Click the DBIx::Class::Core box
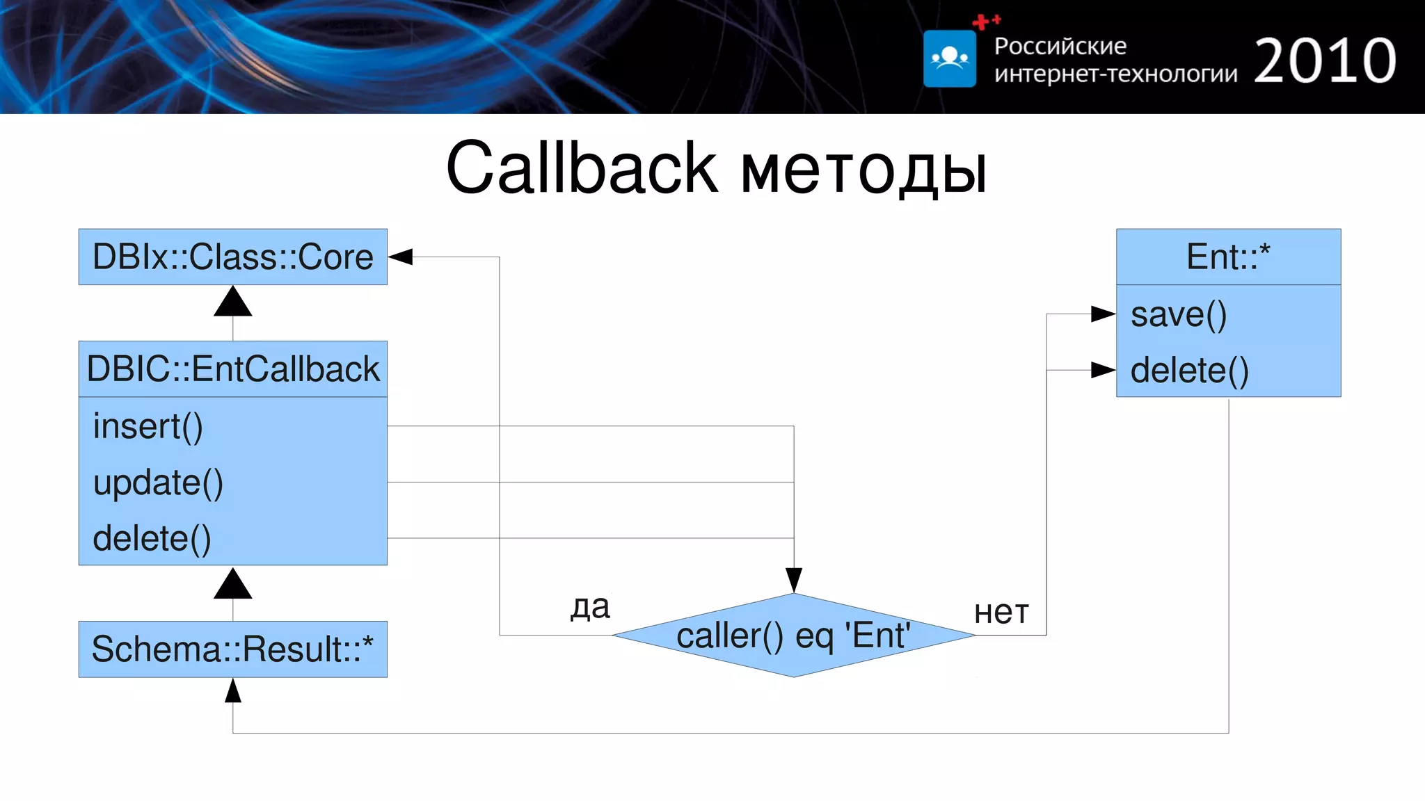[232, 257]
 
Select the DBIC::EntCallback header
[232, 369]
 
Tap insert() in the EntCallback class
[148, 426]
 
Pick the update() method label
[158, 483]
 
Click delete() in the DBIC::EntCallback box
[152, 539]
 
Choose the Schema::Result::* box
[232, 649]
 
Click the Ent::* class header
[1228, 257]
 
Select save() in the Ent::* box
[1179, 314]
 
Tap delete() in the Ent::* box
[1189, 371]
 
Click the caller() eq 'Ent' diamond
[793, 636]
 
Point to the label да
[590, 606]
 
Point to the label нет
[1001, 613]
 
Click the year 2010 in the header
[1325, 61]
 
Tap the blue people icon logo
[950, 59]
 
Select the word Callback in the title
[582, 168]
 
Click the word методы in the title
[863, 171]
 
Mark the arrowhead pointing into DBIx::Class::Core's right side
[401, 257]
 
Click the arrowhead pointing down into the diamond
[794, 579]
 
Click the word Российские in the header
[1060, 46]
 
